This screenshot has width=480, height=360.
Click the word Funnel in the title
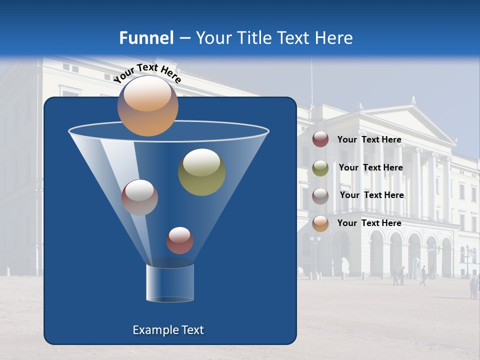(146, 38)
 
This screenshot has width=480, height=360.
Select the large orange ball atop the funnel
(147, 106)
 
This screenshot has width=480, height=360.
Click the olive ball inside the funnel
(201, 172)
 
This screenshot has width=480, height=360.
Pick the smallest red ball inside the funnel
(179, 240)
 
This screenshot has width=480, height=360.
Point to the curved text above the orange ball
(147, 73)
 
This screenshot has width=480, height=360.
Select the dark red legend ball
(320, 139)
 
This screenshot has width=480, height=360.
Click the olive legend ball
(320, 168)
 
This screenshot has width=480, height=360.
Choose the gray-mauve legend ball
(320, 196)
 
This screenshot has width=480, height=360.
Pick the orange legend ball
(320, 223)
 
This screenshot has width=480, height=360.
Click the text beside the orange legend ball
(369, 223)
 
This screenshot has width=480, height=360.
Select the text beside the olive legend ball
(370, 167)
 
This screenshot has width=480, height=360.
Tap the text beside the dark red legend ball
(369, 139)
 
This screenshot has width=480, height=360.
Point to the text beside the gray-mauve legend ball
(371, 195)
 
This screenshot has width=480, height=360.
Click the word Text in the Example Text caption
(192, 330)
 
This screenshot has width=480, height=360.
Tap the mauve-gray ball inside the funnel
(140, 197)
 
